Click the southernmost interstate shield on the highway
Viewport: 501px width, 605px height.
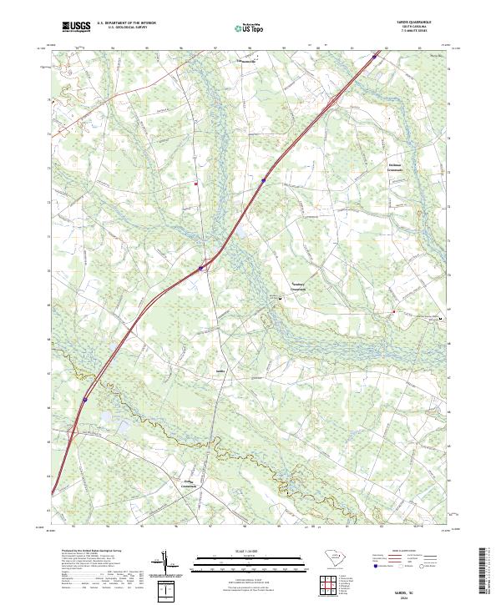84,400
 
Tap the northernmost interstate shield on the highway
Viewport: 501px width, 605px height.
263,179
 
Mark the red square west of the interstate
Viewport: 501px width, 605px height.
196,184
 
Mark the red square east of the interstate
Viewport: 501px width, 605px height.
393,312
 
